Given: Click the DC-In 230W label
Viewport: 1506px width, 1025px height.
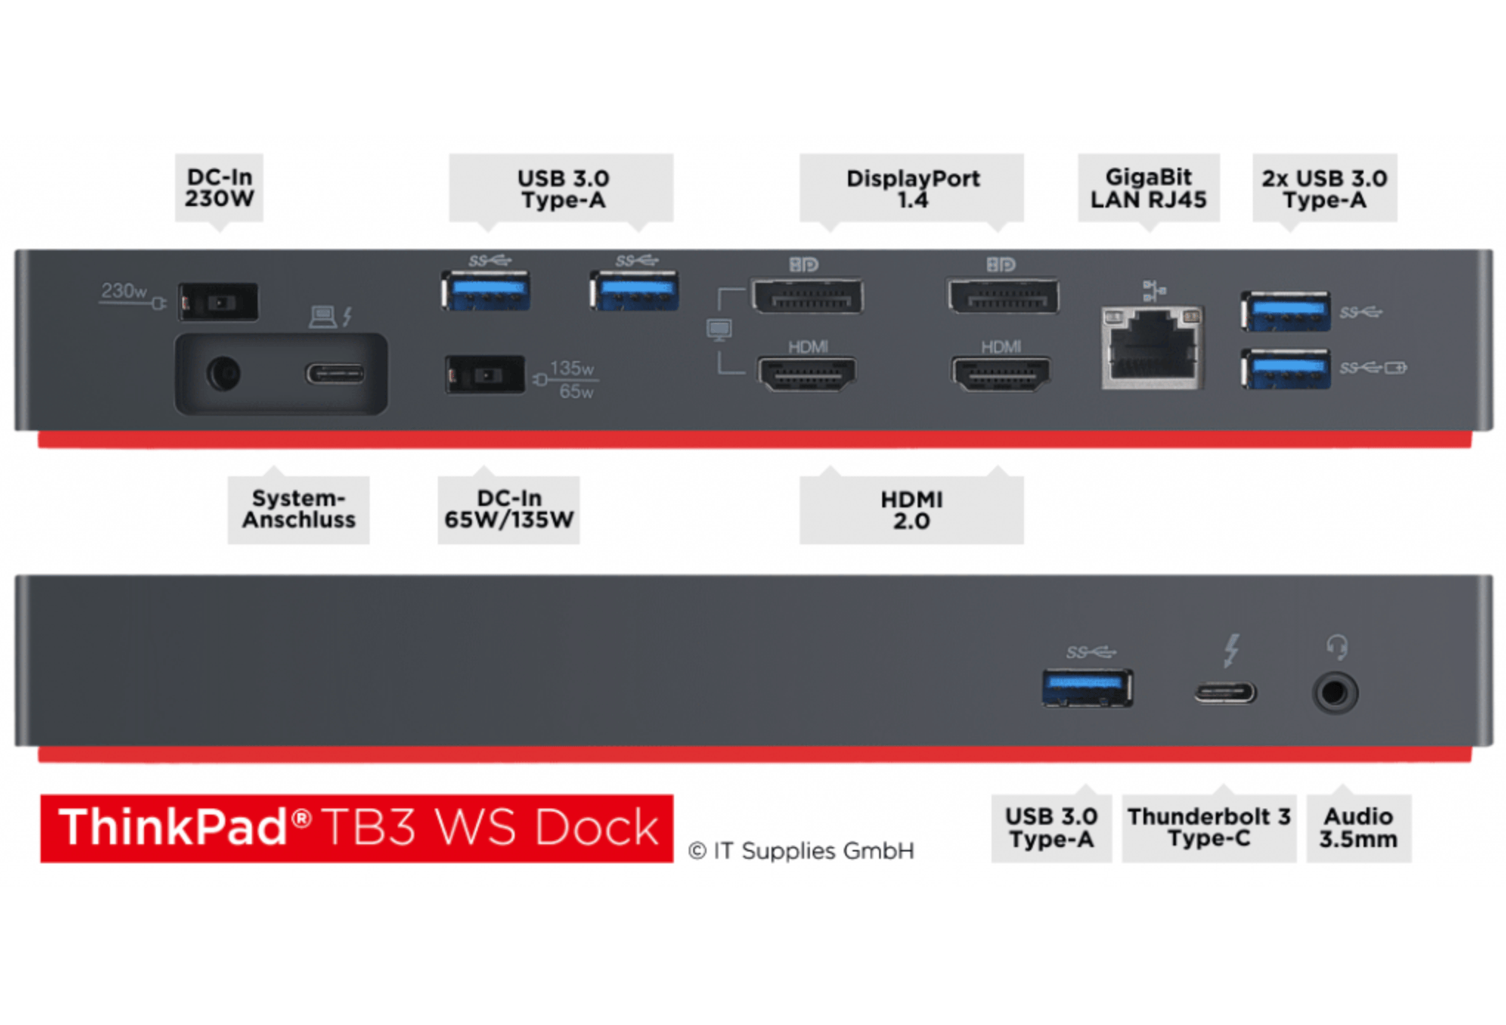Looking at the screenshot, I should [x=219, y=188].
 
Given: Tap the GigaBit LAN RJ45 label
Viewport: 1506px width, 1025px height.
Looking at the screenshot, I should [x=1148, y=188].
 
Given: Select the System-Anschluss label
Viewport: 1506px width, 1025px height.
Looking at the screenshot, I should [x=298, y=509].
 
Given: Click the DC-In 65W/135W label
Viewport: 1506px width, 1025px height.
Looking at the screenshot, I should [x=509, y=509].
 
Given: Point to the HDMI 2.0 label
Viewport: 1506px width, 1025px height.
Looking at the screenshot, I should [x=911, y=510].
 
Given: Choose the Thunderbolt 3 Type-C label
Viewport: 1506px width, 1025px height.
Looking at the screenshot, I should [x=1208, y=827].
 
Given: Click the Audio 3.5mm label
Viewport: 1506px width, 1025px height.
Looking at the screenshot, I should [x=1358, y=827].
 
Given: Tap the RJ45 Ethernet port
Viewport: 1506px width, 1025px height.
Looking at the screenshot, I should [x=1152, y=347].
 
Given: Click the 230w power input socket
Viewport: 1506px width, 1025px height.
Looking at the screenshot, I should [x=219, y=301].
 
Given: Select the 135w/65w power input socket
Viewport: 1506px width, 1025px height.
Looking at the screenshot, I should [x=484, y=375].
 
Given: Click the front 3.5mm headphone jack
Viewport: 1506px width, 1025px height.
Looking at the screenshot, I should [x=1335, y=693].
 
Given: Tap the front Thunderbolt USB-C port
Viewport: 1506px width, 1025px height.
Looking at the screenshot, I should [x=1225, y=693].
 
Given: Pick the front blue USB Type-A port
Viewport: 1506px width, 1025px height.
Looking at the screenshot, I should [x=1087, y=688].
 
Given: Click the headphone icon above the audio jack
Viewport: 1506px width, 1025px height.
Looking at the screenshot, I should [x=1336, y=648].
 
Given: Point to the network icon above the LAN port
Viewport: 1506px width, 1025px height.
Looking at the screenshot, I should [x=1153, y=290].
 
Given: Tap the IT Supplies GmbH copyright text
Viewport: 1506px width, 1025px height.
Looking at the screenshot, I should [x=802, y=851].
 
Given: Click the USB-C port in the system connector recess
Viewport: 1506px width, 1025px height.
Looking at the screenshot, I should [x=335, y=374].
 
